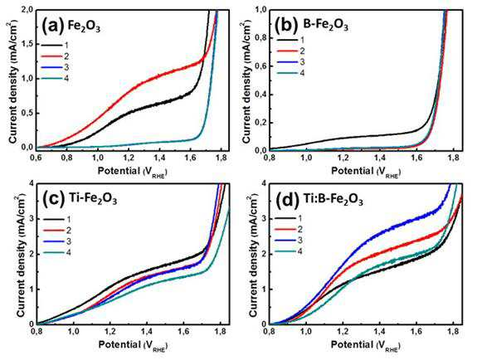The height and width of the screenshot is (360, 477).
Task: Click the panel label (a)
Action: click(x=53, y=26)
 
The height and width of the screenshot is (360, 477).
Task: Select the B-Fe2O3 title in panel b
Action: click(x=325, y=25)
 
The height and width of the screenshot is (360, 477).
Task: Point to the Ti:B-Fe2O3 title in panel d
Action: click(x=333, y=200)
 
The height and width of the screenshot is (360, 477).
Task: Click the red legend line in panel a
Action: click(x=51, y=56)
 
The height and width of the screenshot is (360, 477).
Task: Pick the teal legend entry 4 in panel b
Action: click(x=290, y=73)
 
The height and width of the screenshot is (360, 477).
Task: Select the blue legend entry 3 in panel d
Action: click(x=289, y=241)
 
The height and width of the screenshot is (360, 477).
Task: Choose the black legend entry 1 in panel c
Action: click(x=57, y=219)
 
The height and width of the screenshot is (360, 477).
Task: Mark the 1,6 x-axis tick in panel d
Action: click(x=416, y=331)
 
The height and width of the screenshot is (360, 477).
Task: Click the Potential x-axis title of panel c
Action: click(x=133, y=345)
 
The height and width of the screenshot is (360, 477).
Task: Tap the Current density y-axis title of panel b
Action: click(x=247, y=79)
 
